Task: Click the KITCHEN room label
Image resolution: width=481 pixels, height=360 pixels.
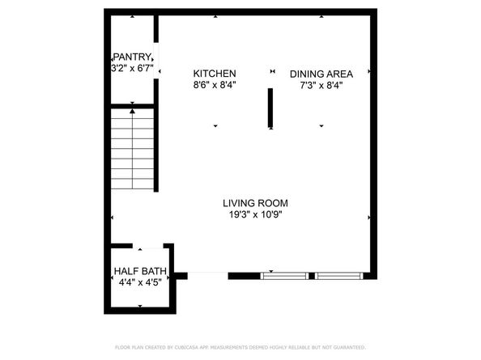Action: click(x=214, y=73)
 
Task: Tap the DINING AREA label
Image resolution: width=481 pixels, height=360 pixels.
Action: click(x=321, y=74)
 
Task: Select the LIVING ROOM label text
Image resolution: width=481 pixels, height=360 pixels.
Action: click(x=256, y=203)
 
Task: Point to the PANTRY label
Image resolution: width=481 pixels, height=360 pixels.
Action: click(x=132, y=57)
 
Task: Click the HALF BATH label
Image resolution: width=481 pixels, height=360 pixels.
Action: click(x=140, y=271)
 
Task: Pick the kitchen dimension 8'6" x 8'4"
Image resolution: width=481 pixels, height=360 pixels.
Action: click(x=214, y=85)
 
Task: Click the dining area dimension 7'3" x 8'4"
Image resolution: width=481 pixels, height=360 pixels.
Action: click(x=321, y=85)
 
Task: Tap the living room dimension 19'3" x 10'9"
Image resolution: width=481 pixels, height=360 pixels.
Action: click(x=256, y=215)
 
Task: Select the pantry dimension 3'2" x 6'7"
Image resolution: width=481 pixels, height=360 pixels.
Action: click(x=132, y=69)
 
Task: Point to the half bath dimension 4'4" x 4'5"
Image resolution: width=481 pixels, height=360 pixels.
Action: click(x=140, y=282)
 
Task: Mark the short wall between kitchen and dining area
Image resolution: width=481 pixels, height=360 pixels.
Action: click(x=271, y=108)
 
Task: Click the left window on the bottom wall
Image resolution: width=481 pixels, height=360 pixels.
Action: click(x=284, y=276)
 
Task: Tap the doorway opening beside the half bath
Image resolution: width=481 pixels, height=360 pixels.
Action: click(x=208, y=276)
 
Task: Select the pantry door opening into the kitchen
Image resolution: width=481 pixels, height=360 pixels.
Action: click(x=155, y=61)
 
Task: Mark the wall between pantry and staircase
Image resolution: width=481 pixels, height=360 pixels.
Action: click(x=131, y=104)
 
